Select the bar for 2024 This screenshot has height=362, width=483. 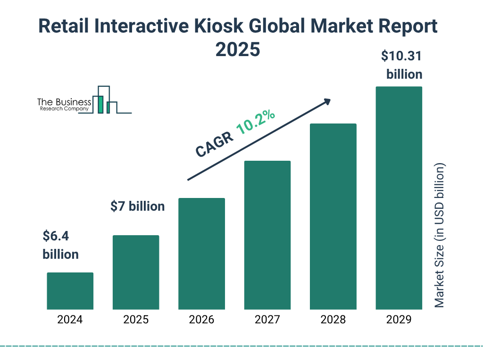tap(70, 291)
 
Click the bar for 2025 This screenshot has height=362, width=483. tap(136, 272)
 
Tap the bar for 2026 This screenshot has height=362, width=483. tap(201, 254)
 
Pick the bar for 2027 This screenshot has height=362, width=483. tap(267, 235)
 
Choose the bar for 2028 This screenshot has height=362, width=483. tap(333, 216)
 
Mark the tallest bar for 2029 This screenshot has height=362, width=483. tap(399, 198)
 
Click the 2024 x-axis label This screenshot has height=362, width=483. tap(70, 320)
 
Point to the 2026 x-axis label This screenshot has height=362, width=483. tap(201, 320)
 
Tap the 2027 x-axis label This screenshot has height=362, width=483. tap(267, 320)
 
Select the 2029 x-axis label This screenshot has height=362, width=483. tap(399, 320)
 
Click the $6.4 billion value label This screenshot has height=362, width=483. tap(60, 245)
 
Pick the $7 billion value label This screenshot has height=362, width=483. tap(137, 206)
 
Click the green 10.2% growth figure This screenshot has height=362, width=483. tap(256, 122)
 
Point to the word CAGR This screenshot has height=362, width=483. tap(214, 144)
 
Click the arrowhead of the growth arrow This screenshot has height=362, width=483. tap(327, 101)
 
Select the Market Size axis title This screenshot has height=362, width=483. tap(440, 236)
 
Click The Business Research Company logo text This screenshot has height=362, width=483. tap(64, 105)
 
